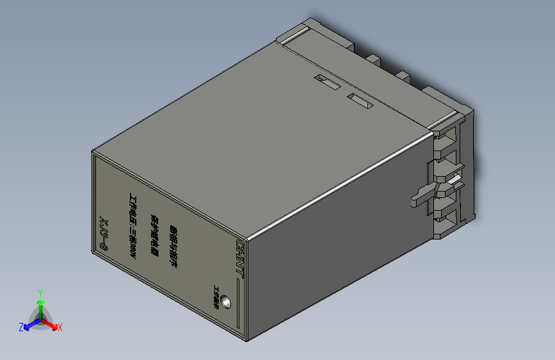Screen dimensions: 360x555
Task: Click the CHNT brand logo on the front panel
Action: tap(241, 255)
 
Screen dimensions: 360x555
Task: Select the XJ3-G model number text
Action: tap(104, 230)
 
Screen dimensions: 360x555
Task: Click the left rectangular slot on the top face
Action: tap(326, 81)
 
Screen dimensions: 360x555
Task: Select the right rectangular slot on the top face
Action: tap(359, 100)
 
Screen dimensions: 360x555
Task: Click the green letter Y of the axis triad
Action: tap(40, 291)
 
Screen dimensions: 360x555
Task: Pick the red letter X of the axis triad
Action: tap(60, 327)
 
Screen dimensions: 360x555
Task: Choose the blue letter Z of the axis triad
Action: tap(21, 327)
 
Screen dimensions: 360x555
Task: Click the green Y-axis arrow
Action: tap(40, 304)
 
